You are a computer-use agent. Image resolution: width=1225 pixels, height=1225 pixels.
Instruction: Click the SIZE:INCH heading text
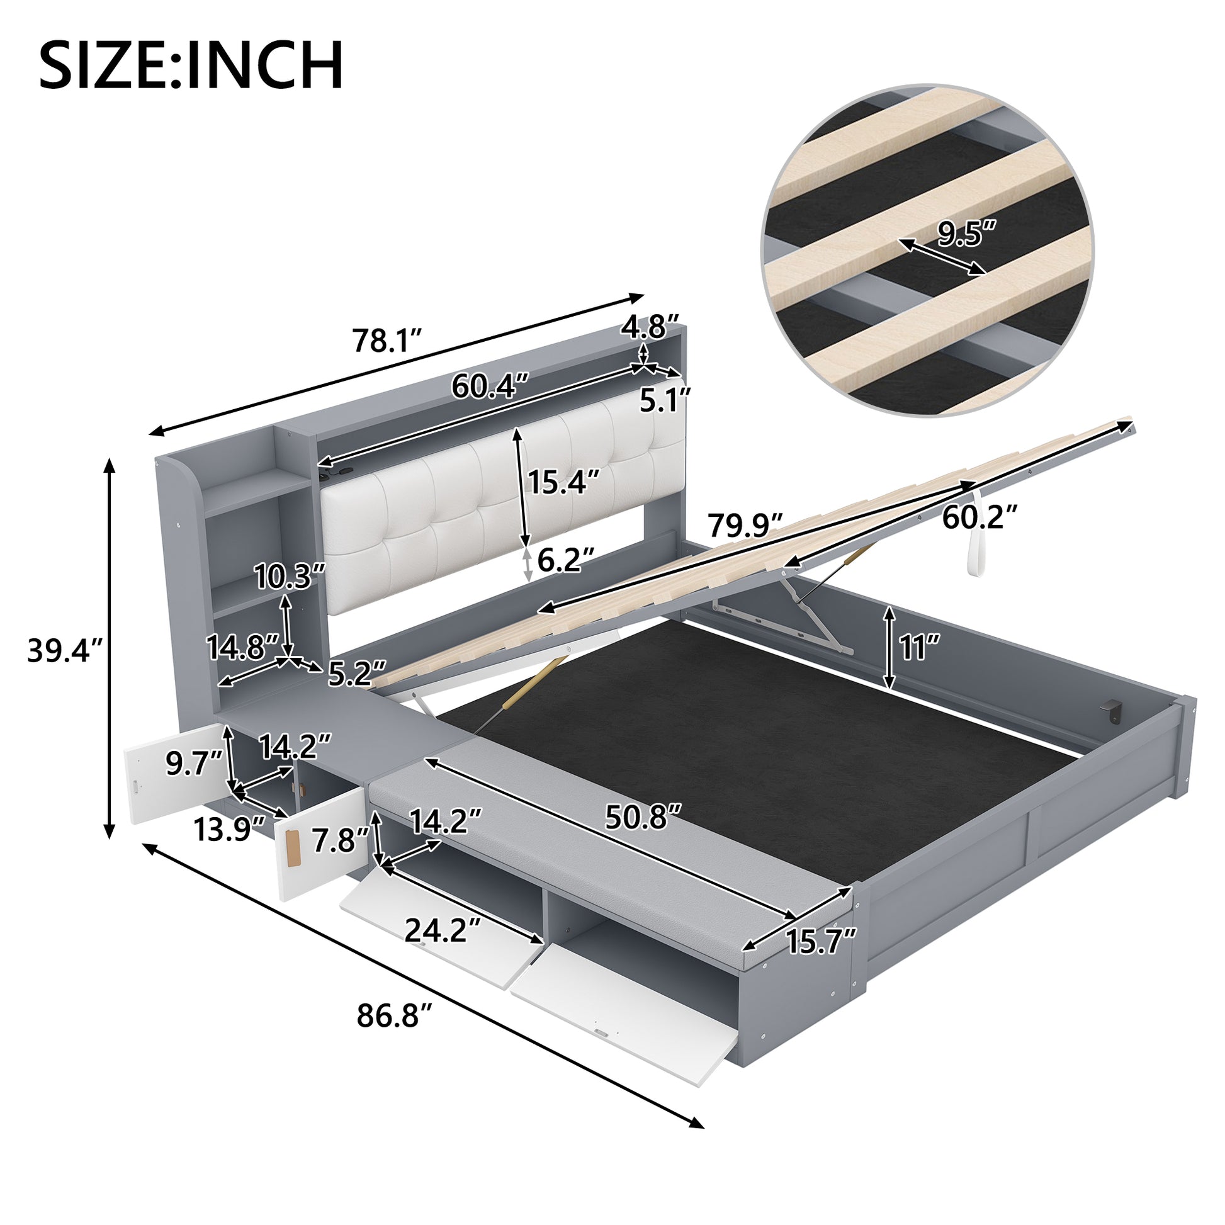pyautogui.click(x=191, y=65)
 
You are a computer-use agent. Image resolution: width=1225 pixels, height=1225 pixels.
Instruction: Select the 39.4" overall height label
pyautogui.click(x=65, y=650)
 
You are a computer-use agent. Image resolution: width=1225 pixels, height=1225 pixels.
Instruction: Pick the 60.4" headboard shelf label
pyautogui.click(x=490, y=385)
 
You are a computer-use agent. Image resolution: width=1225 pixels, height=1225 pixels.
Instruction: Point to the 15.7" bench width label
pyautogui.click(x=821, y=959)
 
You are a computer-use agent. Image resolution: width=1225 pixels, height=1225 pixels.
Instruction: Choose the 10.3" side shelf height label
pyautogui.click(x=289, y=577)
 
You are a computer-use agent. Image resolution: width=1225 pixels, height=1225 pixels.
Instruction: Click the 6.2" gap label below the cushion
pyautogui.click(x=565, y=560)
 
